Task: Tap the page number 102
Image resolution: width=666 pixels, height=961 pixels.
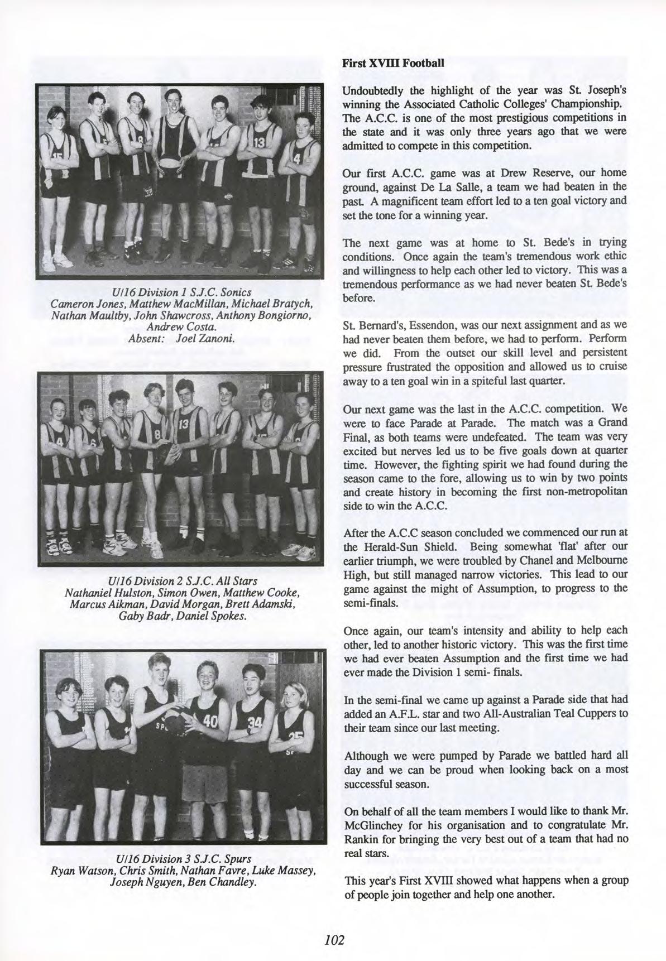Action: (x=334, y=939)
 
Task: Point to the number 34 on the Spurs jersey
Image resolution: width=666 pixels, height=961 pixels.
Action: (x=254, y=723)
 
